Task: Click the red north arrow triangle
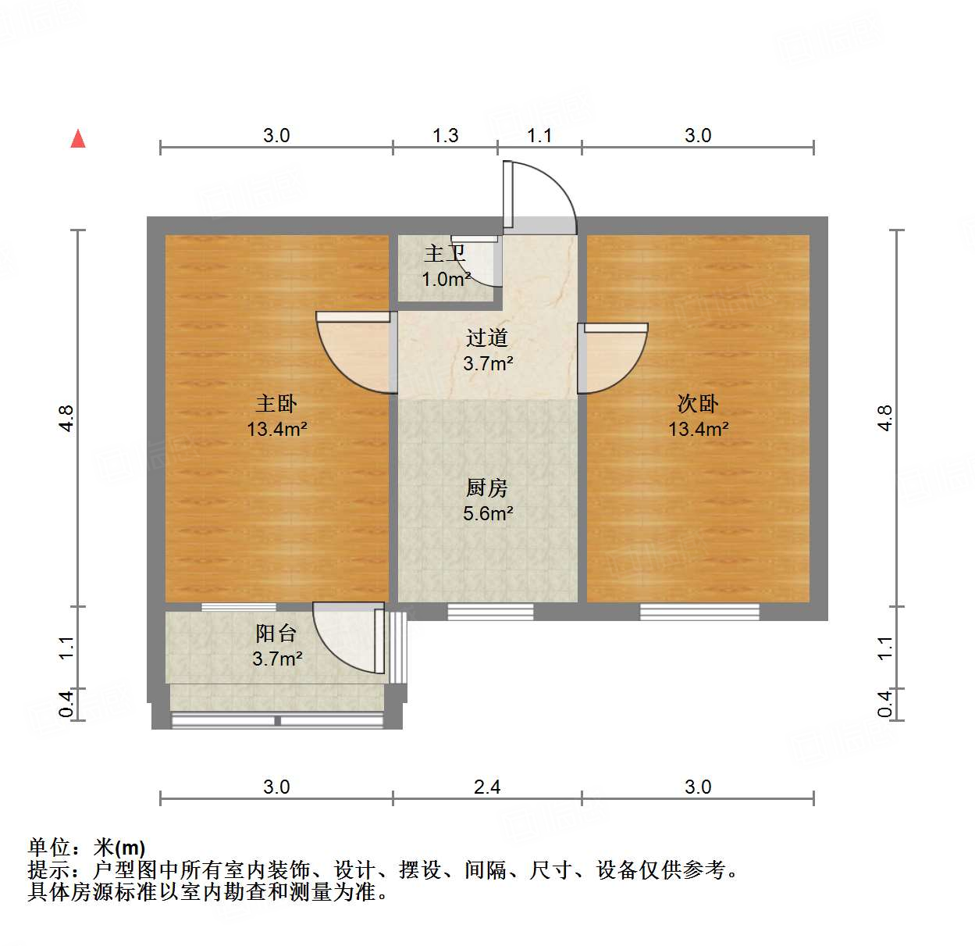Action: tap(78, 139)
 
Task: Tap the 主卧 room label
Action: tap(276, 404)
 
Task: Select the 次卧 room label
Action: tap(698, 404)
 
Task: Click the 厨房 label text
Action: tap(487, 488)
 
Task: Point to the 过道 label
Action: tap(487, 338)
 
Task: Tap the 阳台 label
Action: tap(276, 634)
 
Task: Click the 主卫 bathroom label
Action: tap(444, 254)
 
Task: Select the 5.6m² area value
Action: tap(488, 513)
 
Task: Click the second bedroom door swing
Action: tap(614, 358)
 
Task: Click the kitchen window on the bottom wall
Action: tap(490, 612)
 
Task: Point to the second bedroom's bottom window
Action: tap(699, 612)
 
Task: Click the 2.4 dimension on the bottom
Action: tap(487, 787)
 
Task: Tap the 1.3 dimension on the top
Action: tap(446, 135)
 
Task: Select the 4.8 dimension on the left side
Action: tap(66, 418)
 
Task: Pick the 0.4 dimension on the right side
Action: tap(885, 703)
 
